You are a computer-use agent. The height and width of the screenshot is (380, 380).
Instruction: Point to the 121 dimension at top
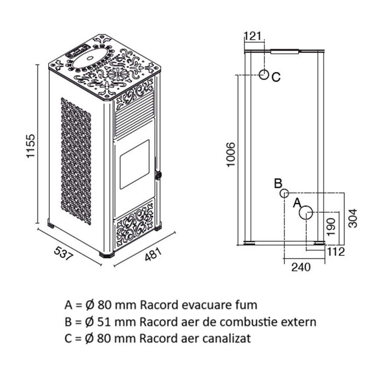pyautogui.click(x=253, y=36)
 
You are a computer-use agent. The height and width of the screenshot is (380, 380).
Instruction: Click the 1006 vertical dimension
pyautogui.click(x=231, y=154)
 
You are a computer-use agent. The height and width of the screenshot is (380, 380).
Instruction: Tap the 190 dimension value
pyautogui.click(x=331, y=226)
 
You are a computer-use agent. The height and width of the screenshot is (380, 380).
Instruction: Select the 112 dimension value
pyautogui.click(x=336, y=252)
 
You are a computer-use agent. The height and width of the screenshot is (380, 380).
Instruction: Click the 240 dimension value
pyautogui.click(x=301, y=267)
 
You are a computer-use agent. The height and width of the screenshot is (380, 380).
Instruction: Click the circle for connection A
pyautogui.click(x=306, y=213)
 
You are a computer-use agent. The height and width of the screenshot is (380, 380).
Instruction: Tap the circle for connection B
pyautogui.click(x=284, y=193)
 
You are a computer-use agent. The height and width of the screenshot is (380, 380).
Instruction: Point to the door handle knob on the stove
pyautogui.click(x=158, y=174)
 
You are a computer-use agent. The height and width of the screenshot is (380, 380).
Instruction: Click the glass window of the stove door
pyautogui.click(x=134, y=164)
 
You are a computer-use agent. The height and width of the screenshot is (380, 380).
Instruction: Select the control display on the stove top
pyautogui.click(x=77, y=50)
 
